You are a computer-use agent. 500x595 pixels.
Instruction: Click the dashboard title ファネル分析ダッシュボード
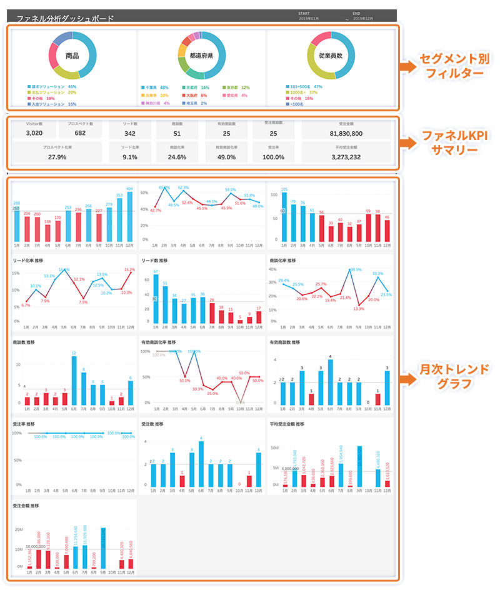(65, 19)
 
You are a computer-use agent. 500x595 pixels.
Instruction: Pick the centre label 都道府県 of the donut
(202, 56)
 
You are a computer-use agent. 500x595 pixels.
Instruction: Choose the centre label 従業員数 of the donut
(332, 56)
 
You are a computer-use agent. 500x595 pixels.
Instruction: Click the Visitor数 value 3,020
(34, 133)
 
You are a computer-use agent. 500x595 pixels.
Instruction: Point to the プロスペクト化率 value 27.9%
(57, 157)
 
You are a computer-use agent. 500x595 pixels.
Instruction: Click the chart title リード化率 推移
(29, 260)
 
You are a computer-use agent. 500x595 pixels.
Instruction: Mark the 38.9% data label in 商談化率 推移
(355, 270)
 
